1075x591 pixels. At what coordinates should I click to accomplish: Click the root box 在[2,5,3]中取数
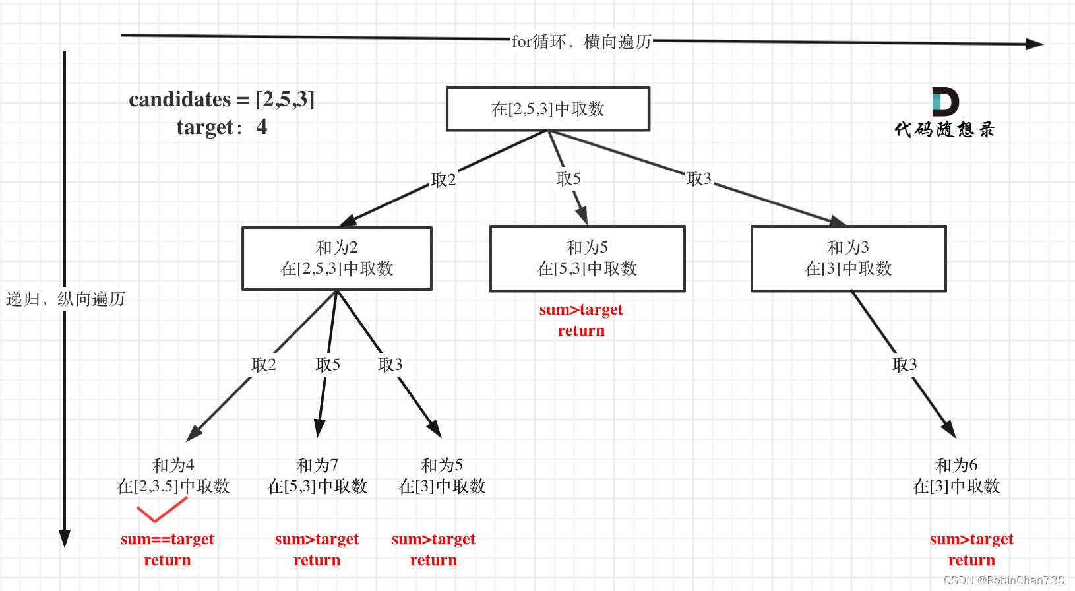click(548, 109)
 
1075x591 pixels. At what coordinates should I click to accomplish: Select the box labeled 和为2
click(336, 258)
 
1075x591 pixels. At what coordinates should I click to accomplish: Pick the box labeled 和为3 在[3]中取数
click(848, 258)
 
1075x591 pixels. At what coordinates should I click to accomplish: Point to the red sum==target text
click(168, 539)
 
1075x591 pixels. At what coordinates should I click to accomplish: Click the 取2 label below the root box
click(443, 180)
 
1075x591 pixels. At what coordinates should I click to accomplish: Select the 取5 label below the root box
click(568, 179)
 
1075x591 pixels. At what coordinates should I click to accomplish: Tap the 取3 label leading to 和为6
click(904, 365)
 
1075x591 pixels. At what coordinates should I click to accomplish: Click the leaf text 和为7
click(317, 465)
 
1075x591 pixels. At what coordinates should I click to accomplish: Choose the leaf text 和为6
click(956, 465)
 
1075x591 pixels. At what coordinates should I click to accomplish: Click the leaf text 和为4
click(173, 465)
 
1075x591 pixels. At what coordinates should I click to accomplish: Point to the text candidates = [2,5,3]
click(222, 100)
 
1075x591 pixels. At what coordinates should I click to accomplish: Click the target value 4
click(262, 127)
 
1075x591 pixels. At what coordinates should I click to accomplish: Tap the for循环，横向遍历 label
click(581, 42)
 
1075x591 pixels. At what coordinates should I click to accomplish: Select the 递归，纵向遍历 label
click(65, 299)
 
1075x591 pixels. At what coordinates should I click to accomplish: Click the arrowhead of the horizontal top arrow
click(1034, 44)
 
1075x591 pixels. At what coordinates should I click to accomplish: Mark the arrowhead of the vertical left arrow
click(65, 538)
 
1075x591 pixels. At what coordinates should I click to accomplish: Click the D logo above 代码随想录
click(945, 102)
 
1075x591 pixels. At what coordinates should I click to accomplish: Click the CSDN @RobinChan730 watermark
click(1004, 580)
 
